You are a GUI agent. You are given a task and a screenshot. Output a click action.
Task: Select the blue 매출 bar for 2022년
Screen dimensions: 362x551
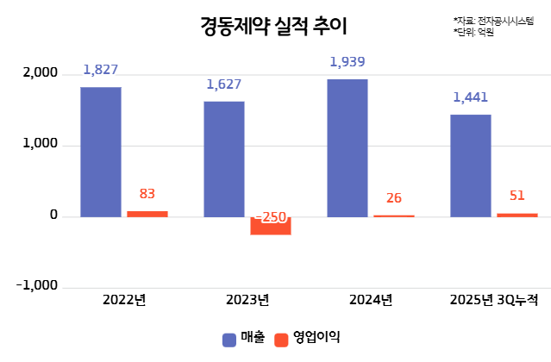coord(101,151)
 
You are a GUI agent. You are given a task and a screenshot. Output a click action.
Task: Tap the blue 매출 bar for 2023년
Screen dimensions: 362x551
coord(224,159)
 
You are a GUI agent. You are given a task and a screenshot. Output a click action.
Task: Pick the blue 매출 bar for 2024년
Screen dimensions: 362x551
coord(348,147)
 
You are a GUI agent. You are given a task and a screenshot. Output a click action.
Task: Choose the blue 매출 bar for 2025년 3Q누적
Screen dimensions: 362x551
coord(471,165)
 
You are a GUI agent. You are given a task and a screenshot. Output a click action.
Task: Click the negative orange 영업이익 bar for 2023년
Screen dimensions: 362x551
coord(271,225)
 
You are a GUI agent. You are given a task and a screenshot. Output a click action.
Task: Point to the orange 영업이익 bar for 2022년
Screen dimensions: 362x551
coord(147,213)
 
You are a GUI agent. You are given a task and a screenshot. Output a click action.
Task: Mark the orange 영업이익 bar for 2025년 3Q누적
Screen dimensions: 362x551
coord(517,214)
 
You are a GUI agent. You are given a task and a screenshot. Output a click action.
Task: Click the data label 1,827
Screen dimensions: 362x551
coord(101,69)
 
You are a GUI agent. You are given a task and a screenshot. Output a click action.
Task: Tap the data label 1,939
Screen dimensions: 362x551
coord(348,62)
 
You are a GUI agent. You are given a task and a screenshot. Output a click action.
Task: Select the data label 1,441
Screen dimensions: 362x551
coord(471,97)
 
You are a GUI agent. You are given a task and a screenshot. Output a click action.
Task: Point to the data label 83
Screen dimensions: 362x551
coord(147,194)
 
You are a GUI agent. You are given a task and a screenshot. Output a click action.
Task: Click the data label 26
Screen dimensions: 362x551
coord(394,198)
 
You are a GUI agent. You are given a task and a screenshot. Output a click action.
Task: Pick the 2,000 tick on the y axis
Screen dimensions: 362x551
coord(41,74)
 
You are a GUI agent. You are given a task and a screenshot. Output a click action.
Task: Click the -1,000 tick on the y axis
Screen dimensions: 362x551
coord(37,286)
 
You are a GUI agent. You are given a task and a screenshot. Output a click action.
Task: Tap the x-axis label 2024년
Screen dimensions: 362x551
coord(372,300)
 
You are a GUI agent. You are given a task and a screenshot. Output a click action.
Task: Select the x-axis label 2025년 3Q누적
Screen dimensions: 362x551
coord(494,300)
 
